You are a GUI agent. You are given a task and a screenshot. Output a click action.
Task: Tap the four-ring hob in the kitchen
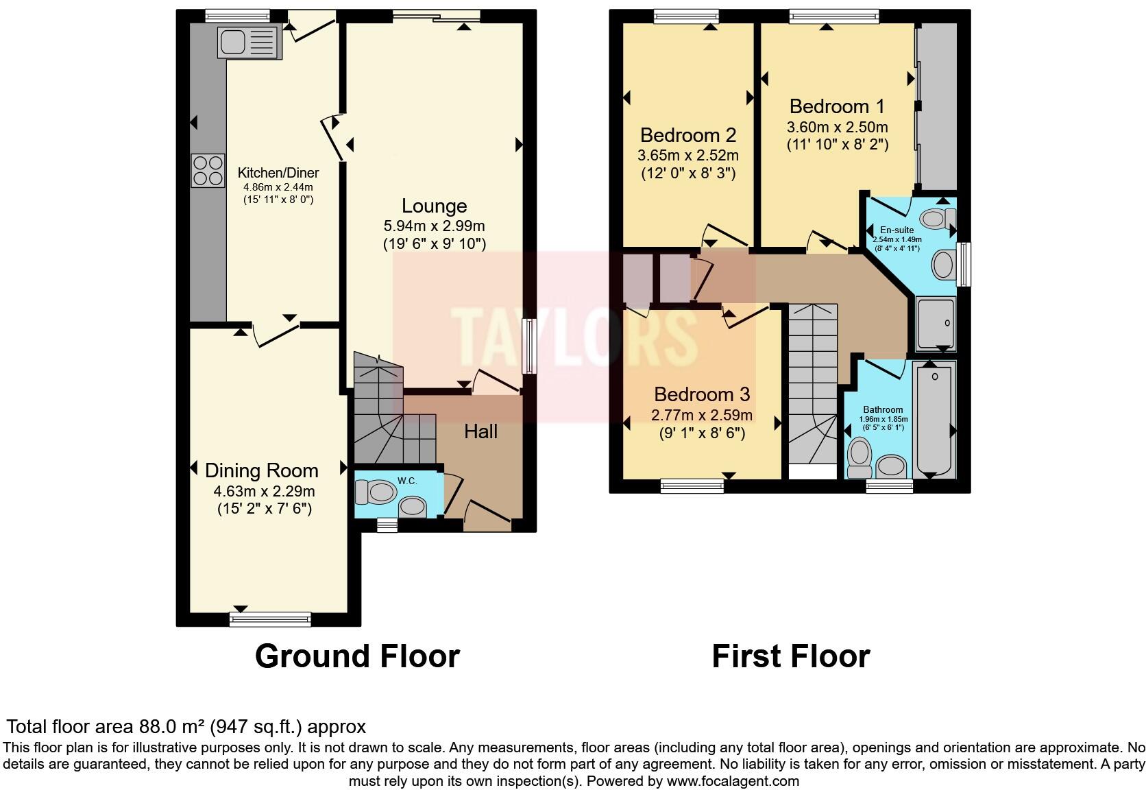pos(208,170)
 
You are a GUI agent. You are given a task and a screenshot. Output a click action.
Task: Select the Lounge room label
pos(434,206)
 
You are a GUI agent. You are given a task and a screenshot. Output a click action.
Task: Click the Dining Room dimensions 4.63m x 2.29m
pos(265,491)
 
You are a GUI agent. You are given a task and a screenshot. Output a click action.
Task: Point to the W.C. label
pos(407,481)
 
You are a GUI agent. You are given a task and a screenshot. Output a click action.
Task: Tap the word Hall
pos(480,431)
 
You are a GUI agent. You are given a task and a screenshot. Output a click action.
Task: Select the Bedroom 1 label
pos(837,106)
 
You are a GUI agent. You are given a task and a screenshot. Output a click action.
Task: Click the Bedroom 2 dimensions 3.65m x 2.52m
pos(688,155)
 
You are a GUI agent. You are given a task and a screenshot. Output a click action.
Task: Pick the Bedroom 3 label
pos(701,394)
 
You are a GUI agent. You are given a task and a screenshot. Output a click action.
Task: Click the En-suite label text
pos(897,230)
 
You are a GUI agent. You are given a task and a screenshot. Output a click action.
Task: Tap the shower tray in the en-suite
pos(935,323)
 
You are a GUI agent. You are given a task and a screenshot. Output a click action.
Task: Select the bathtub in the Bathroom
pos(935,420)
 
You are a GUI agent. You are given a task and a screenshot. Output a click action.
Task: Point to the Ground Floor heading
pos(357,656)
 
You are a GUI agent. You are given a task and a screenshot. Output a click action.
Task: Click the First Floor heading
pos(790,656)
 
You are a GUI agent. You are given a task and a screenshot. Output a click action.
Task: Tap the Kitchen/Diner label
pos(278,173)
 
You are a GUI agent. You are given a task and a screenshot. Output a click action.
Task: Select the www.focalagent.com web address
pos(732,780)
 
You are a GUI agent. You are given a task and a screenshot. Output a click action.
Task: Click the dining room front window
pos(270,619)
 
